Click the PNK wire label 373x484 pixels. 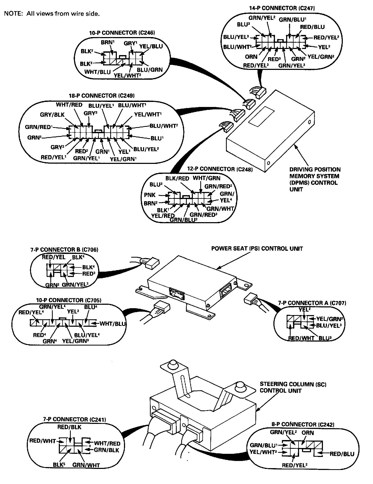(150, 195)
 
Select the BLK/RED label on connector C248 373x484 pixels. (177, 178)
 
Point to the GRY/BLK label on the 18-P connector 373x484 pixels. (52, 114)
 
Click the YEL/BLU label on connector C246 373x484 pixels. (151, 46)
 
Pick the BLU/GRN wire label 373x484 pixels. (150, 70)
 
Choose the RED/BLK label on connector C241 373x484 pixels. (69, 427)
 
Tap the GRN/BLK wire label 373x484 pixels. (106, 450)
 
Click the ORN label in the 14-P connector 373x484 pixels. (251, 56)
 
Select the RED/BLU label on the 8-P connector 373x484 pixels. (342, 454)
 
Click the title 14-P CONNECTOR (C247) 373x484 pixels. (282, 8)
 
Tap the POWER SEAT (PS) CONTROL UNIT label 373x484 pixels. (257, 249)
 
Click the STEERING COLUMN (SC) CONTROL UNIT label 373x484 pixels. (293, 387)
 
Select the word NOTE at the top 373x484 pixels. (12, 14)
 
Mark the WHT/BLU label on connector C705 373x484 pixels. (113, 323)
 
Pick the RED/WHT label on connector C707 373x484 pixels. (301, 338)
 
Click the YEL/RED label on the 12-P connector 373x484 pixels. (163, 216)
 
